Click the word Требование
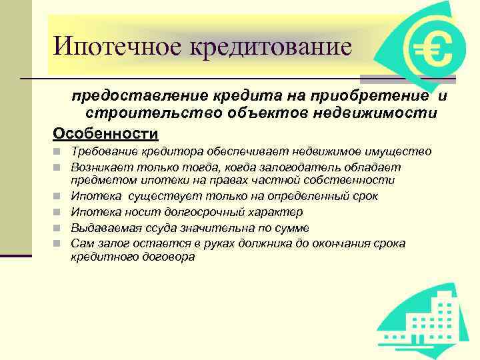click(103, 151)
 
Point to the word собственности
click(356, 180)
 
